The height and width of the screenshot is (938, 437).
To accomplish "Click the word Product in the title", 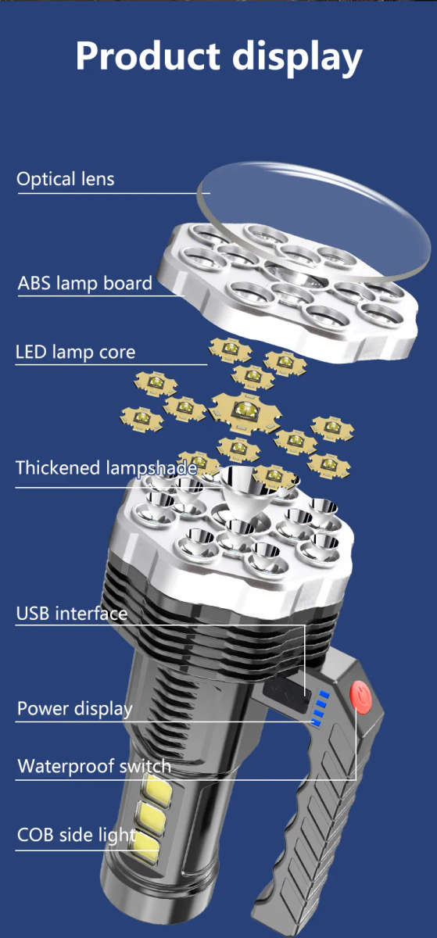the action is [x=148, y=55].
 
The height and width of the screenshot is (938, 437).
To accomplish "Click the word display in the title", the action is [x=297, y=58].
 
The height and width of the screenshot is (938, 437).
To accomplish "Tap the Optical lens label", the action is [x=66, y=179].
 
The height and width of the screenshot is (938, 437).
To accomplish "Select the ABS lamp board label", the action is [x=84, y=283].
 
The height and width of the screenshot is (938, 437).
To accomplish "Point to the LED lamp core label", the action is [x=75, y=353].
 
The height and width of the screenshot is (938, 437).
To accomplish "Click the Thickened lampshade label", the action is [x=106, y=467].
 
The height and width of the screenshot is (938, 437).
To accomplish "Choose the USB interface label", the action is [x=72, y=614].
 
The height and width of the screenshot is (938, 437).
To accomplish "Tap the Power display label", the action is [x=75, y=709].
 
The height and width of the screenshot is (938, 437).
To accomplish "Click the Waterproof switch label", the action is [x=95, y=766].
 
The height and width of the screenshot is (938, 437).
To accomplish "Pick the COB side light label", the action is [x=77, y=835].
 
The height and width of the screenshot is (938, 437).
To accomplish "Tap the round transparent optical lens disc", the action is [x=314, y=222].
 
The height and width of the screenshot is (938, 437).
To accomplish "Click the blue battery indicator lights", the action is [x=320, y=708].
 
